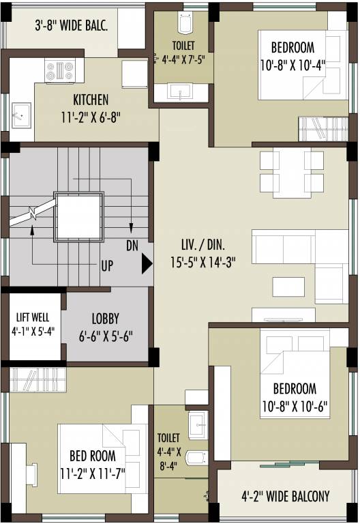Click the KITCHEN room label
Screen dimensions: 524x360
click(91, 100)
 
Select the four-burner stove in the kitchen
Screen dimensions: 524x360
click(59, 70)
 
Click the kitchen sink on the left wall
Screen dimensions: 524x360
click(20, 113)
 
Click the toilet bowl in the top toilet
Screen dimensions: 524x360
click(183, 25)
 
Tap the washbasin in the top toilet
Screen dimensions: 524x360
click(182, 91)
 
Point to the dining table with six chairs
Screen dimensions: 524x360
click(292, 171)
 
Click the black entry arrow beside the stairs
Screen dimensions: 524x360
click(147, 264)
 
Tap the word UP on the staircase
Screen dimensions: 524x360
click(107, 266)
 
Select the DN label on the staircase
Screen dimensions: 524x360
click(133, 244)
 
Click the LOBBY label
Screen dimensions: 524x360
click(105, 319)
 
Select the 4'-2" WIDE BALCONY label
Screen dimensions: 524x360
click(286, 496)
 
